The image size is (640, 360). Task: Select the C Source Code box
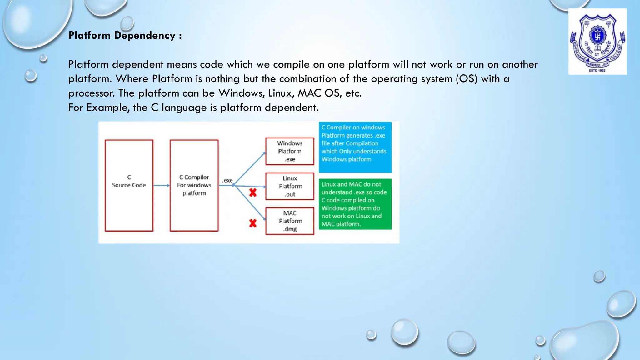click(129, 185)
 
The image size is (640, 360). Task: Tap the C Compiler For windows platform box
click(194, 185)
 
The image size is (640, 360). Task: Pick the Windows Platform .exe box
click(290, 151)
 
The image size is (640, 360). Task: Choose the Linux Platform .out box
click(290, 186)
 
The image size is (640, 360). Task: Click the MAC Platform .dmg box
click(290, 221)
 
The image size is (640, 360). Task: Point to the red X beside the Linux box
click(253, 192)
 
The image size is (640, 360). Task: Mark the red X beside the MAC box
click(253, 223)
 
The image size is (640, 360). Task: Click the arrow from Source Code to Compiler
click(161, 185)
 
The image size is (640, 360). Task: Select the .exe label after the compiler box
click(227, 180)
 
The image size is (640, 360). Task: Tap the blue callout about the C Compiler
click(355, 147)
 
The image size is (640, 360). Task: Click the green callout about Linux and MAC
click(355, 204)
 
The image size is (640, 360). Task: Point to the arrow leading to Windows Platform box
click(250, 168)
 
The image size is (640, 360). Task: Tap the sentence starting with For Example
click(193, 107)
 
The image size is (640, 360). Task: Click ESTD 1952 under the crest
click(597, 71)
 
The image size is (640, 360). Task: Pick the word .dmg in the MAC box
click(290, 229)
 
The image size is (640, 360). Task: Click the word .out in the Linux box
click(290, 194)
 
